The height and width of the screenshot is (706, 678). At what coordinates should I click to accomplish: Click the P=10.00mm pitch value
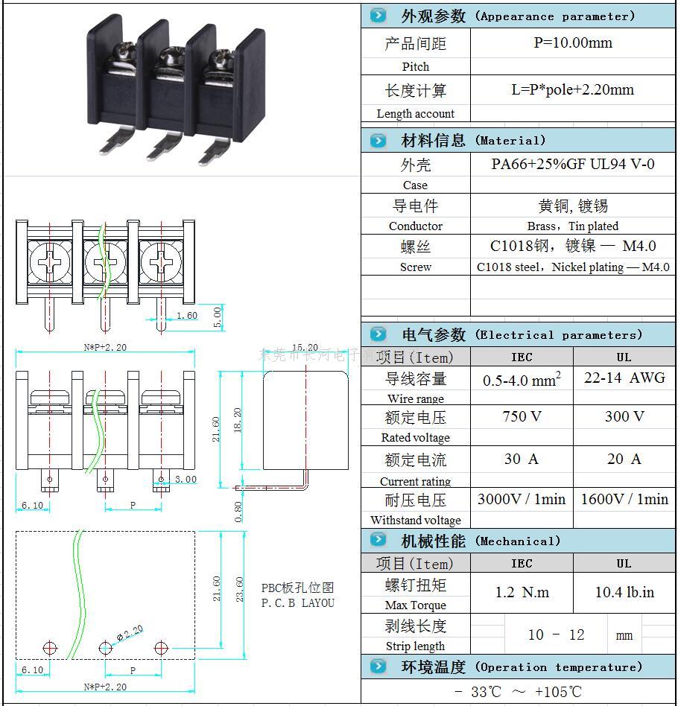573,42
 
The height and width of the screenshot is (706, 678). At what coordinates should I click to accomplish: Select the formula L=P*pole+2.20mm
572,89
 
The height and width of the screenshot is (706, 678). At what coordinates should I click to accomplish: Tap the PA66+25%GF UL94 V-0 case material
572,164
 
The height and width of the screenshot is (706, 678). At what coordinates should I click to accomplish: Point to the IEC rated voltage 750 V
522,416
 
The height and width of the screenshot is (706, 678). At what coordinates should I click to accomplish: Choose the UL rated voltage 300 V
624,416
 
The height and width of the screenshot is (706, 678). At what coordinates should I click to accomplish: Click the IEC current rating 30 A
522,459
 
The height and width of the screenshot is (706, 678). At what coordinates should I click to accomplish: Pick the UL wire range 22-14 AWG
624,378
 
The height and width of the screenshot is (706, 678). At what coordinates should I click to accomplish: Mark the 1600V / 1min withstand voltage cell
624,499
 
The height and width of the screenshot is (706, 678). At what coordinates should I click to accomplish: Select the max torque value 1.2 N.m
522,592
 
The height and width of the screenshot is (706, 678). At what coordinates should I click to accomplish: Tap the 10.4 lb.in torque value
624,592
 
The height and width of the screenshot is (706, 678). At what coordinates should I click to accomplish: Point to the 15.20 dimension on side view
305,348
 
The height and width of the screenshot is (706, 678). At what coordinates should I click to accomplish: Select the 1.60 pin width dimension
186,316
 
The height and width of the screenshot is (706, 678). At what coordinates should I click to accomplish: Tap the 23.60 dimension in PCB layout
240,592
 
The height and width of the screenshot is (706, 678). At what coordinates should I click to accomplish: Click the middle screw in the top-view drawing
104,261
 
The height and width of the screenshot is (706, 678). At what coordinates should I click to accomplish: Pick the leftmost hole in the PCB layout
49,647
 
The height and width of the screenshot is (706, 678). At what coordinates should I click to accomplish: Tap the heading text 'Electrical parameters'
557,335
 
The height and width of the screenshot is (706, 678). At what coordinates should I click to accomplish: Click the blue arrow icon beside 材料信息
378,140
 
